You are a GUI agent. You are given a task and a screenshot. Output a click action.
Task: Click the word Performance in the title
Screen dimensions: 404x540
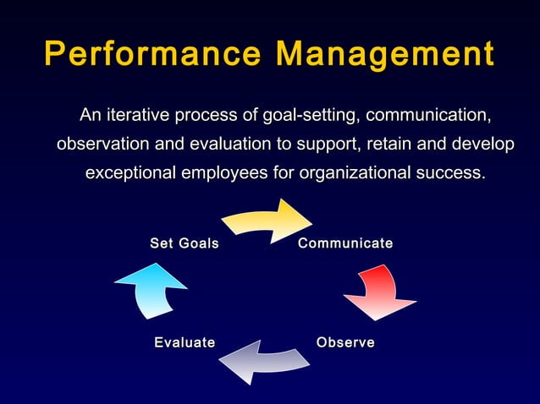[x=152, y=53]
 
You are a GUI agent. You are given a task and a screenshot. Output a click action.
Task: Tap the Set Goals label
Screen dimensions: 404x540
[x=185, y=243]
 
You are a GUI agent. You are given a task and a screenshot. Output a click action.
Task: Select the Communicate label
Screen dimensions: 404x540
[x=345, y=243]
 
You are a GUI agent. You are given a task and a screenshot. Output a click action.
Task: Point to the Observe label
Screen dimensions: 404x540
[x=345, y=342]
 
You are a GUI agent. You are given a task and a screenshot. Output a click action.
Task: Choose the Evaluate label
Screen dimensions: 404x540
[x=185, y=342]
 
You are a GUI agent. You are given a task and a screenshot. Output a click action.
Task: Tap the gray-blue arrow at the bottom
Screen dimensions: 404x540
[x=262, y=361]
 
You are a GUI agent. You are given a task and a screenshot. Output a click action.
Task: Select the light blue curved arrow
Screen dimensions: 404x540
[x=150, y=290]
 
